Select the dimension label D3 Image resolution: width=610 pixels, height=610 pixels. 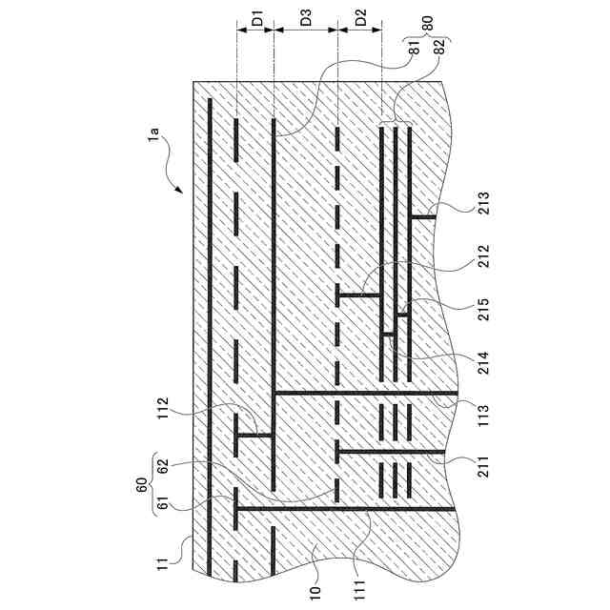[306, 18]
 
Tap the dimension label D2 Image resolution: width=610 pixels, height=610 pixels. [359, 18]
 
